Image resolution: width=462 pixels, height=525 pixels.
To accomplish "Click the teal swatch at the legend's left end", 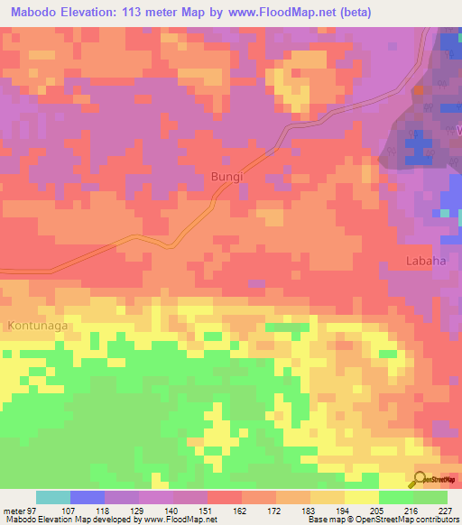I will pyautogui.click(x=53, y=497).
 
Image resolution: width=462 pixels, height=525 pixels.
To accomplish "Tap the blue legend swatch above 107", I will pyautogui.click(x=88, y=497).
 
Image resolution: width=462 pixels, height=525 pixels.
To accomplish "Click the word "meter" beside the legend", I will pyautogui.click(x=14, y=509).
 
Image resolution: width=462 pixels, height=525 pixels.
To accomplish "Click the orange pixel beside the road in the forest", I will pyautogui.click(x=419, y=91).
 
